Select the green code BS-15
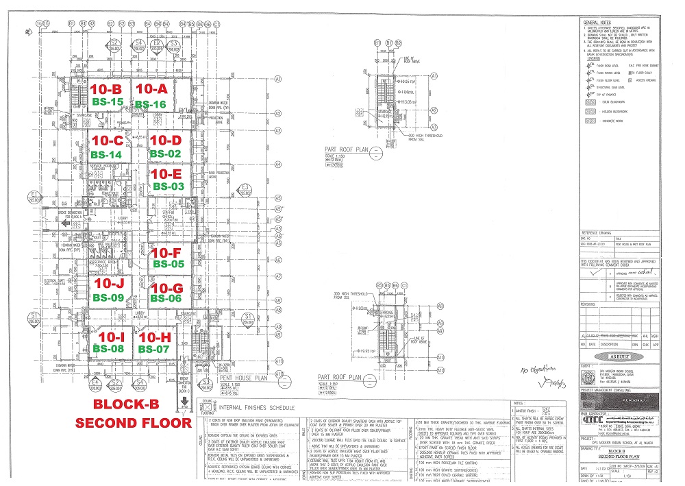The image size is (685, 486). pyautogui.click(x=107, y=101)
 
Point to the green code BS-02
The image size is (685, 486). pyautogui.click(x=165, y=154)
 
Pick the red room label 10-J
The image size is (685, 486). pyautogui.click(x=110, y=284)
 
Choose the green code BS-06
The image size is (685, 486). pyautogui.click(x=166, y=298)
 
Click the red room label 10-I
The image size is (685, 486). pyautogui.click(x=111, y=337)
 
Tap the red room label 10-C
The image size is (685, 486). pyautogui.click(x=107, y=141)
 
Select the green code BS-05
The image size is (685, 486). pyautogui.click(x=169, y=263)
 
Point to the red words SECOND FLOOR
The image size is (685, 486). pyautogui.click(x=132, y=422)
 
